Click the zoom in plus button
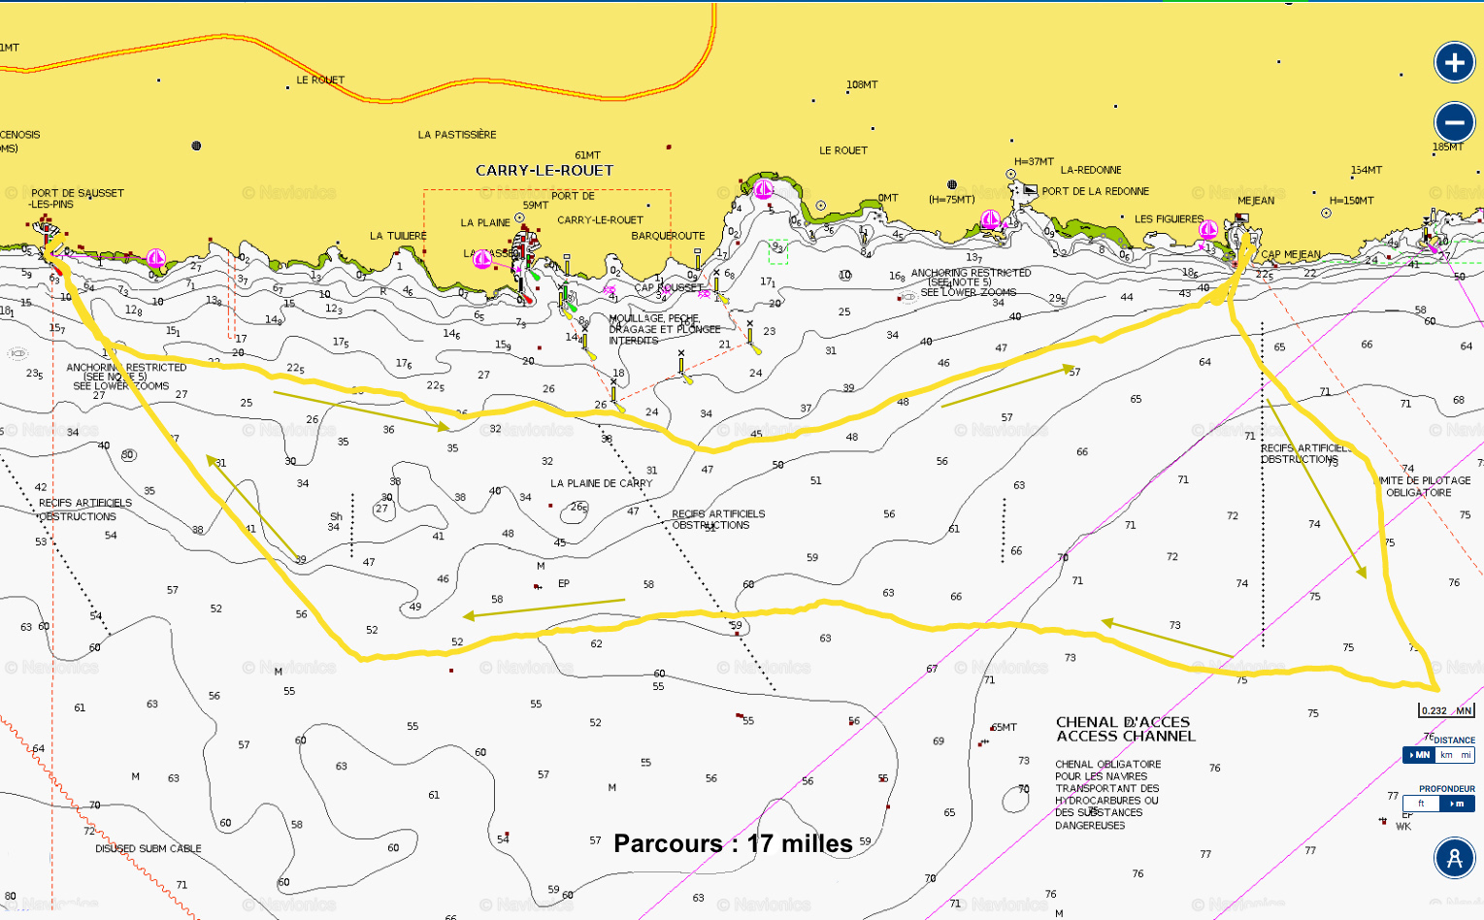point(1454,63)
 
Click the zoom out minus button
point(1454,123)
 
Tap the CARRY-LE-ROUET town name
point(544,171)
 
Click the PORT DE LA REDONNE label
point(1095,191)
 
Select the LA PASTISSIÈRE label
point(456,135)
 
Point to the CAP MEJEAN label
point(1291,255)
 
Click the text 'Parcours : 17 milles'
point(733,843)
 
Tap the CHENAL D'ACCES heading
point(1122,722)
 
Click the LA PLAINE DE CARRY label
point(601,483)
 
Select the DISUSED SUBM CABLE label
point(148,848)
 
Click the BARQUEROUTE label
point(668,236)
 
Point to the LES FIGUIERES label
point(1169,219)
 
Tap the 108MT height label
point(861,85)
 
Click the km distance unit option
point(1445,755)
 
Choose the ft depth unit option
point(1421,804)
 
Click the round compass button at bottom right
point(1454,858)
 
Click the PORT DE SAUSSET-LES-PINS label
point(77,198)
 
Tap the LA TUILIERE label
point(398,236)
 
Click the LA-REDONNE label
point(1090,170)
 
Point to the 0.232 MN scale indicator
point(1446,710)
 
